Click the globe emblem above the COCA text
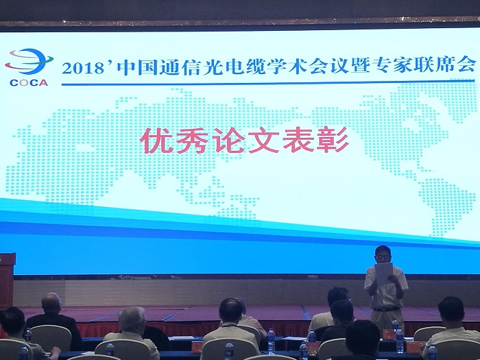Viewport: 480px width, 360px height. click(29, 62)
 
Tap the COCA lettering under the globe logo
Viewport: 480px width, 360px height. click(29, 83)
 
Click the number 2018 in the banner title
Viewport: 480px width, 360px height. click(82, 69)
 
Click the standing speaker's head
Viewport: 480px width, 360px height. click(383, 254)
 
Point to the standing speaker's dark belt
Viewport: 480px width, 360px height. click(386, 309)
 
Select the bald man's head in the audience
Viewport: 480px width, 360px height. click(51, 303)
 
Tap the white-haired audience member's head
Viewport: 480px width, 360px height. click(131, 319)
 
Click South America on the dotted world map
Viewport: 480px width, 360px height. click(442, 206)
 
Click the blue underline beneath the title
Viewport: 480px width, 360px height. click(268, 83)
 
